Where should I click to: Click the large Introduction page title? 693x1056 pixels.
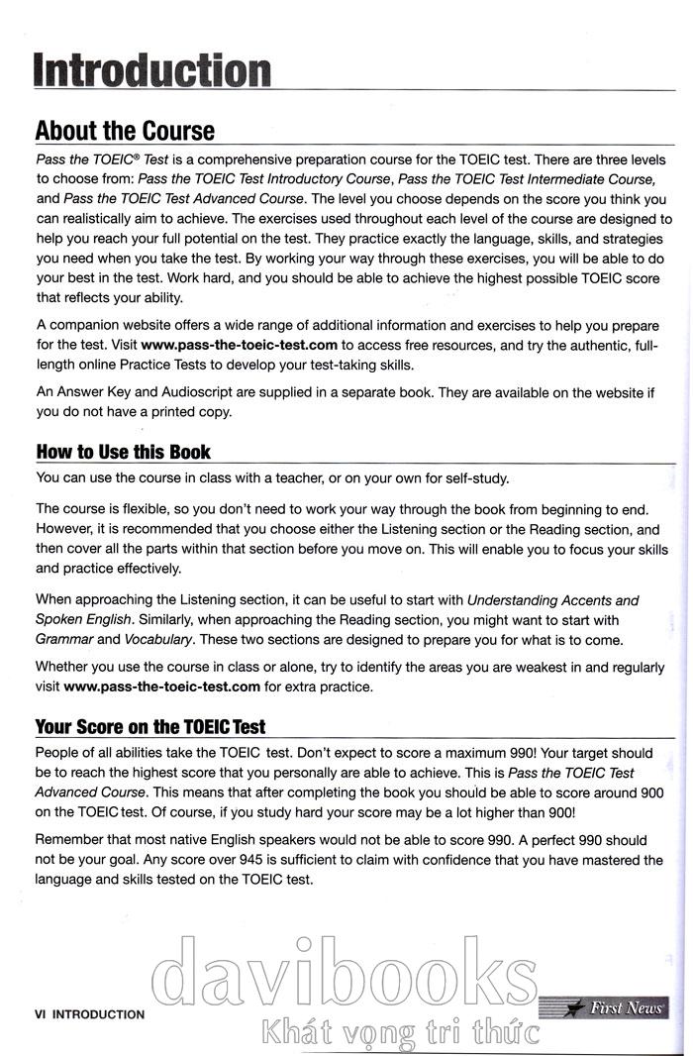152,70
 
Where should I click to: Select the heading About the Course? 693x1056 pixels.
125,131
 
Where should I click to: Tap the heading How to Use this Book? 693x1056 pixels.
123,452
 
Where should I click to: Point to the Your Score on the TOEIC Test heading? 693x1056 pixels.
150,726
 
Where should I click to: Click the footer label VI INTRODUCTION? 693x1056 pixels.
89,1013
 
